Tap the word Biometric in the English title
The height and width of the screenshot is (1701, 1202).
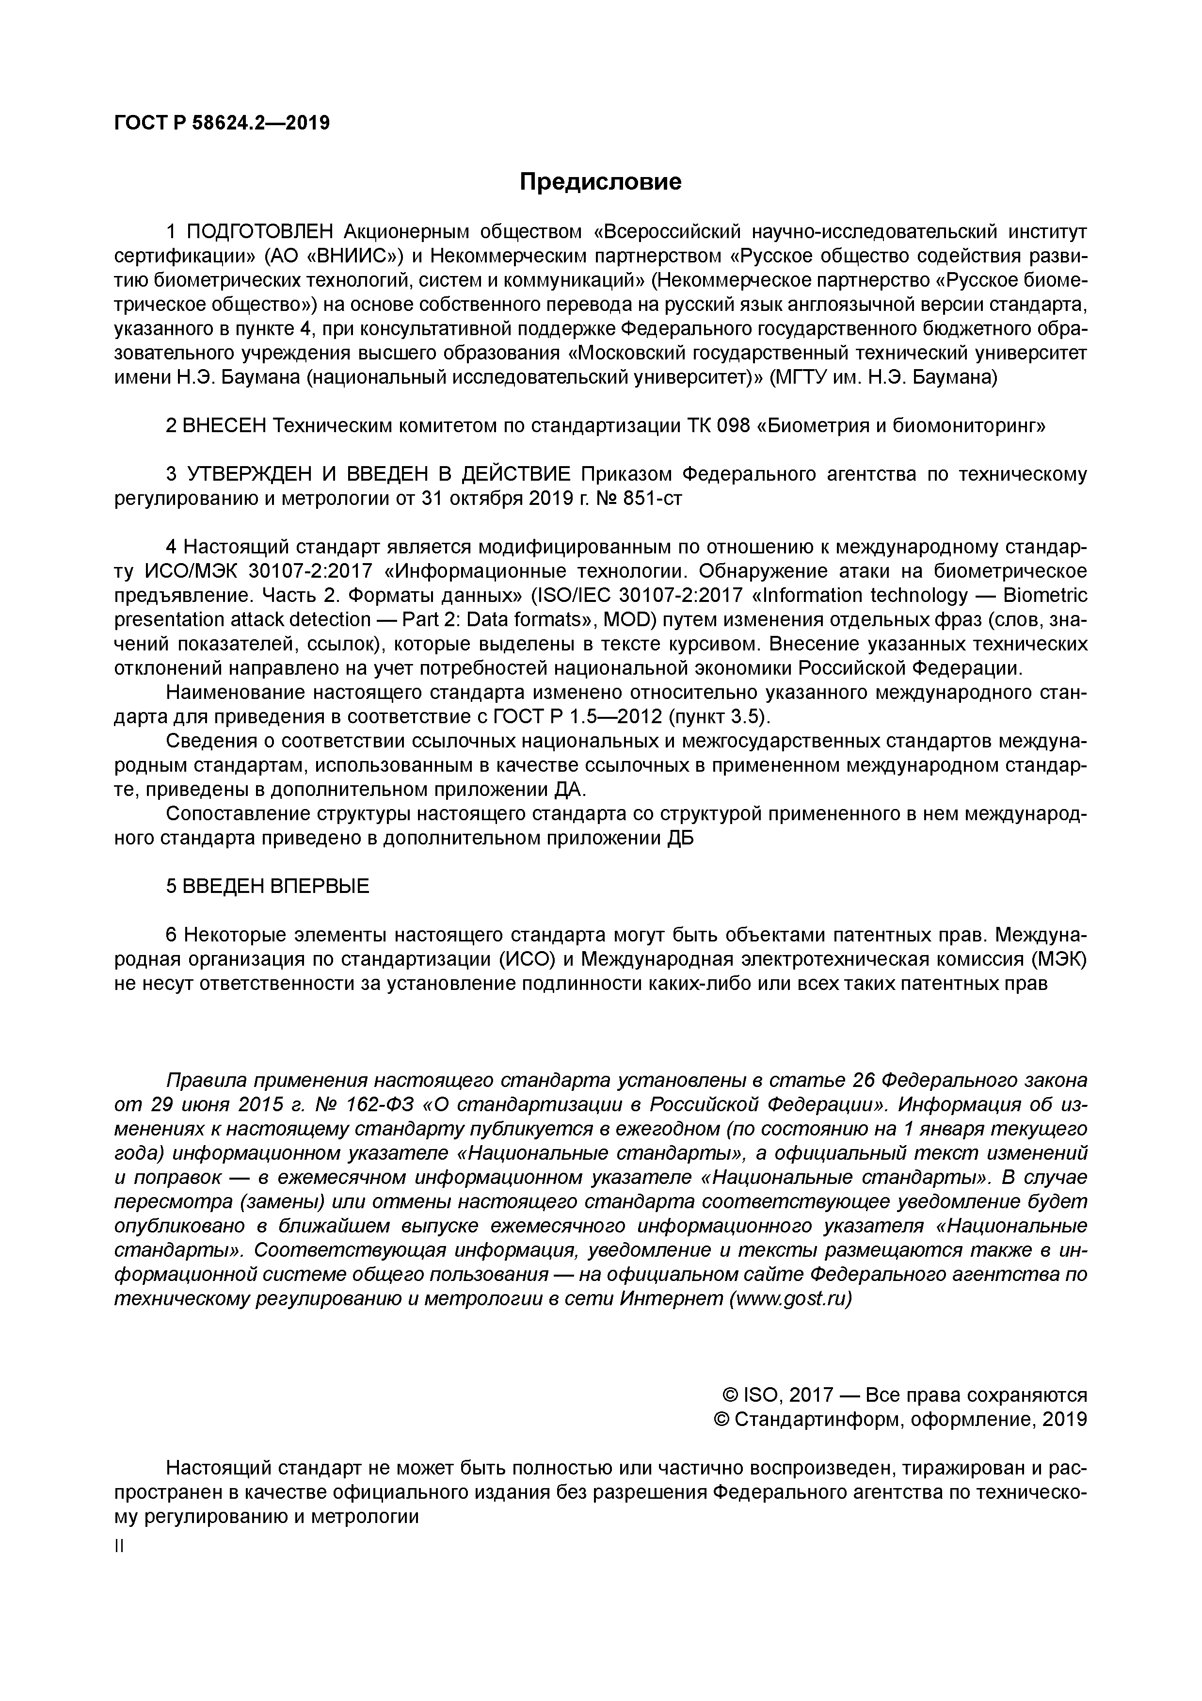(x=1045, y=596)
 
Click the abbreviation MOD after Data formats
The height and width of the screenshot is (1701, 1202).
(x=627, y=620)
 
